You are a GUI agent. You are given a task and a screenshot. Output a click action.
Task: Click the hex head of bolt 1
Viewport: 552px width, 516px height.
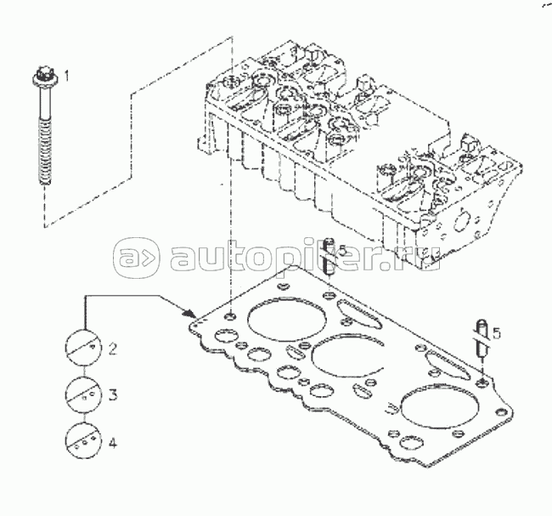(x=43, y=75)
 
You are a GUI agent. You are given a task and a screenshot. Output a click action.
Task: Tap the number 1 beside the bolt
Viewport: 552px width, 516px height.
(x=66, y=76)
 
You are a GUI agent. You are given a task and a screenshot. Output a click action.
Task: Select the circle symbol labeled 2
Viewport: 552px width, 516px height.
(x=83, y=348)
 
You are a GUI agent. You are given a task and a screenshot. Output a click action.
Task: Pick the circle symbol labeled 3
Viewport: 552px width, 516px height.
(x=83, y=394)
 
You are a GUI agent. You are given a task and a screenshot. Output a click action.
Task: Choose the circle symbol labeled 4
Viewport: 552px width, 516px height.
(x=83, y=441)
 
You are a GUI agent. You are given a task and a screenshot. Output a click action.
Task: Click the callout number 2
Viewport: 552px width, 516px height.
(x=112, y=349)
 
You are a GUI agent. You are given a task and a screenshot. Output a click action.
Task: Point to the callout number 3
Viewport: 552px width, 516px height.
(x=113, y=394)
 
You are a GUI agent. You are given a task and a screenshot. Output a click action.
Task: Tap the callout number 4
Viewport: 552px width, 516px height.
(x=113, y=443)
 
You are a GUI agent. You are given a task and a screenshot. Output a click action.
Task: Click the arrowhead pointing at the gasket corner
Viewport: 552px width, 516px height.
(x=189, y=313)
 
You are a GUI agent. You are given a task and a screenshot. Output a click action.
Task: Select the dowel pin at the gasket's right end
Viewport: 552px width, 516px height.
(x=482, y=338)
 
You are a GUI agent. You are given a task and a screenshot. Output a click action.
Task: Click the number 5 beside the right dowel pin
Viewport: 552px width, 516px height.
(x=497, y=332)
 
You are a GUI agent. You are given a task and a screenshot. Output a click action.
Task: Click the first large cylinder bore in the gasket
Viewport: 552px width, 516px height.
(x=287, y=319)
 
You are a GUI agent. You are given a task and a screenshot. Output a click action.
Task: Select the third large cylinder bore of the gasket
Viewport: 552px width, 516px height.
(x=439, y=408)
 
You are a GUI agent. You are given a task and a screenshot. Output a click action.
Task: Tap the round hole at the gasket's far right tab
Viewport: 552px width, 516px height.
(x=500, y=412)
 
